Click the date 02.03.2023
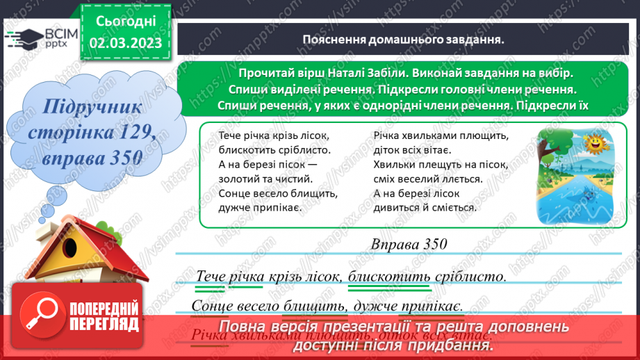pyautogui.click(x=126, y=43)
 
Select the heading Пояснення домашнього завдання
pyautogui.click(x=403, y=40)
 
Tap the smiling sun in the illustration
pyautogui.click(x=595, y=145)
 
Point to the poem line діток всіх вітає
pyautogui.click(x=412, y=149)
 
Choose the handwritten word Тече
pyautogui.click(x=211, y=276)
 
